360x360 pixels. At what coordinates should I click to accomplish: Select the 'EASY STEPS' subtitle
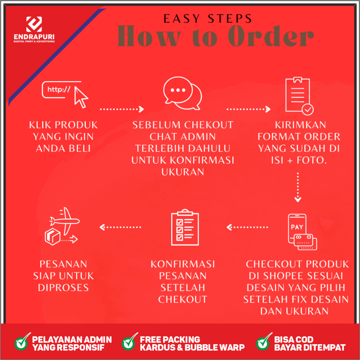pyautogui.click(x=207, y=18)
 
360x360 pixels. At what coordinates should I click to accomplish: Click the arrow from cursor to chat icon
pyautogui.click(x=122, y=109)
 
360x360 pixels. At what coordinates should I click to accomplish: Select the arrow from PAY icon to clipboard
pyautogui.click(x=247, y=227)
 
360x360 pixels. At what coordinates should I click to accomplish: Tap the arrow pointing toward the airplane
pyautogui.click(x=121, y=227)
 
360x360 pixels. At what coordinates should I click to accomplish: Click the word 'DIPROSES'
pyautogui.click(x=63, y=288)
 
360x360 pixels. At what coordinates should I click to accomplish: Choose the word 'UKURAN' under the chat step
pyautogui.click(x=182, y=172)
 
